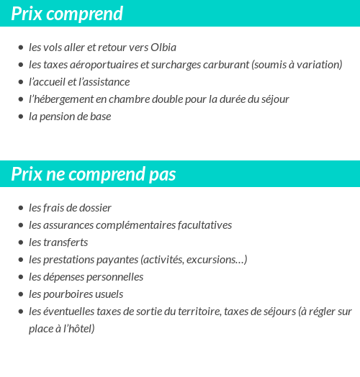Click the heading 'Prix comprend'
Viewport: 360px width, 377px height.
(67, 14)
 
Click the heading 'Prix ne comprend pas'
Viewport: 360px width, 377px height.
(93, 175)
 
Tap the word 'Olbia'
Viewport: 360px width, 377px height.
(163, 47)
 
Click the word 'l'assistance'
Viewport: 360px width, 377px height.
(103, 82)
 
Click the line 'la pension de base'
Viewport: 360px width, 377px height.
(70, 117)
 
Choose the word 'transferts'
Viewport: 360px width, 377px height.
(66, 242)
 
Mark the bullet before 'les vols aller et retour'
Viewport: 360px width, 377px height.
(20, 48)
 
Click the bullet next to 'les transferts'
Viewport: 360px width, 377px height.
(20, 243)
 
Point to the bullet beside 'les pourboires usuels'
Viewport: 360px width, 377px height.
(20, 295)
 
